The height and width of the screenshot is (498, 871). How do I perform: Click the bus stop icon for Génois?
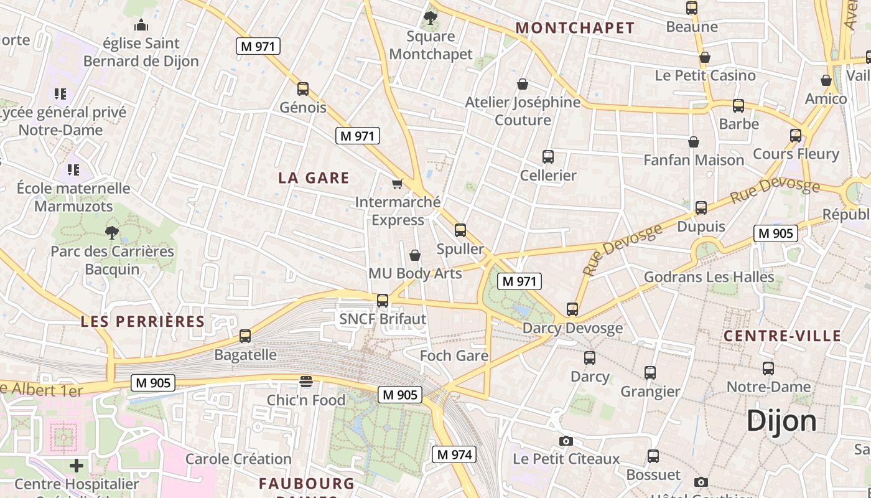(303, 89)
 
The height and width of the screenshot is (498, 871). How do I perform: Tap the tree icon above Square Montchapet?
(430, 17)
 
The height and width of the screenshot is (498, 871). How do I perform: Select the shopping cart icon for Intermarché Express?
(397, 184)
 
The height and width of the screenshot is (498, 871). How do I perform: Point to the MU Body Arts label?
(415, 273)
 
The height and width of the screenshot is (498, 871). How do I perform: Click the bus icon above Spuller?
(460, 230)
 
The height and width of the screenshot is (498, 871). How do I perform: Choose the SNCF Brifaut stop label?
(383, 319)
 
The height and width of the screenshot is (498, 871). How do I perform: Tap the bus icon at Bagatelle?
(245, 336)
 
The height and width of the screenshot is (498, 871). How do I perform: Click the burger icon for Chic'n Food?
(305, 381)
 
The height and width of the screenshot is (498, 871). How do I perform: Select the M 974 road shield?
(454, 454)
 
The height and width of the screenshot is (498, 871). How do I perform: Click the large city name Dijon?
(781, 421)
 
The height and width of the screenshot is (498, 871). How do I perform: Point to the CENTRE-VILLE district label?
(782, 336)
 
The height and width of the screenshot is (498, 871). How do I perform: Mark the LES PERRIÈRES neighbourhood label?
(142, 321)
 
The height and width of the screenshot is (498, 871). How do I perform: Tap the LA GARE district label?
(314, 177)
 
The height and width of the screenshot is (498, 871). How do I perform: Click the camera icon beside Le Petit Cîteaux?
(566, 441)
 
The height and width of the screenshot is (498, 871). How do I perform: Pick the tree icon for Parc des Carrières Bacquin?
(112, 233)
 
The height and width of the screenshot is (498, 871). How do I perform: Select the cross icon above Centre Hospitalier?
(77, 465)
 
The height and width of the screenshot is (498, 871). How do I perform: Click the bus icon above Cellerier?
(548, 157)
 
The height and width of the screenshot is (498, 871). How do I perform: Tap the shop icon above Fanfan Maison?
(694, 142)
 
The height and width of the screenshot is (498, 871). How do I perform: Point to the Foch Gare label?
(454, 355)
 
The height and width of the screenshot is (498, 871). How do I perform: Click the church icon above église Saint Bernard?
(141, 26)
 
